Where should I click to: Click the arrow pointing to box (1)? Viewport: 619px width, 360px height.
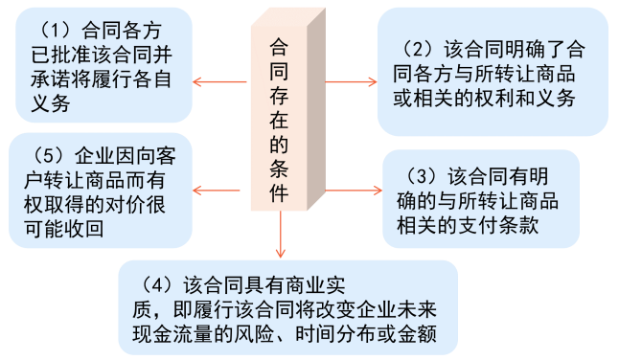click(x=217, y=81)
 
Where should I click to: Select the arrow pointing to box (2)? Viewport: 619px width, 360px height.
click(x=349, y=81)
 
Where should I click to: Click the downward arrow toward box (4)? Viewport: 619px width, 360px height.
click(x=280, y=235)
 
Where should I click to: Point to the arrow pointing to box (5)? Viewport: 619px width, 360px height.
click(x=217, y=191)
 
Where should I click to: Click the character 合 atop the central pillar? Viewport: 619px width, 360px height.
click(x=280, y=45)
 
